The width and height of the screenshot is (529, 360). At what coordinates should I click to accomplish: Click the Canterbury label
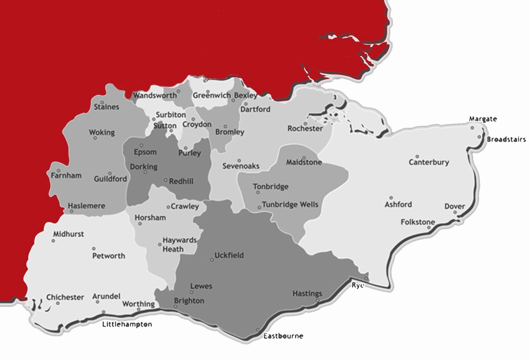[x=429, y=162]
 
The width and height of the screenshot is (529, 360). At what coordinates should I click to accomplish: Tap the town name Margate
[x=483, y=118]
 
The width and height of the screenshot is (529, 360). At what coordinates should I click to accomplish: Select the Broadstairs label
[x=506, y=139]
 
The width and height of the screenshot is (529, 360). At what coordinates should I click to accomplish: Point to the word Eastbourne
[x=283, y=336]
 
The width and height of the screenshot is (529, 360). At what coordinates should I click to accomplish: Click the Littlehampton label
[x=127, y=324]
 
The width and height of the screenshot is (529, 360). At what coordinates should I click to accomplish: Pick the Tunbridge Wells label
[x=290, y=205]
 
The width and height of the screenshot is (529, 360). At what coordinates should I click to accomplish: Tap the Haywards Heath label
[x=180, y=244]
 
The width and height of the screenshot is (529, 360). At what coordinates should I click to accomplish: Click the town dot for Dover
[x=456, y=212]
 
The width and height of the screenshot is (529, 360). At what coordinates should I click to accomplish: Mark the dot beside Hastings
[x=318, y=300]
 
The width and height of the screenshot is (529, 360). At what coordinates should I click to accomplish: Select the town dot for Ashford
[x=391, y=198]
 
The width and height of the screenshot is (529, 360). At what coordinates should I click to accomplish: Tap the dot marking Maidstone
[x=304, y=158]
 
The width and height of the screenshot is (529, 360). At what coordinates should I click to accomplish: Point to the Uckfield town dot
[x=212, y=259]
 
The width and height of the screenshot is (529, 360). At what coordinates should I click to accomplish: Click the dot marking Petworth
[x=94, y=248]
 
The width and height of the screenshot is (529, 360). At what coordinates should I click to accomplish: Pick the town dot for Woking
[x=95, y=138]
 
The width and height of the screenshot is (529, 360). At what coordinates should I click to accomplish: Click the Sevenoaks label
[x=241, y=166]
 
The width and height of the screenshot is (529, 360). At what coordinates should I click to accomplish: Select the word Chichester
[x=65, y=297]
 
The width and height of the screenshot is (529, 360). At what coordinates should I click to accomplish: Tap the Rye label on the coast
[x=358, y=285]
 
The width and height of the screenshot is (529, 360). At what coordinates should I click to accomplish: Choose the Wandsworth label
[x=155, y=95]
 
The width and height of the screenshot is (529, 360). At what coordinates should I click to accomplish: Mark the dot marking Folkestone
[x=429, y=227]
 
